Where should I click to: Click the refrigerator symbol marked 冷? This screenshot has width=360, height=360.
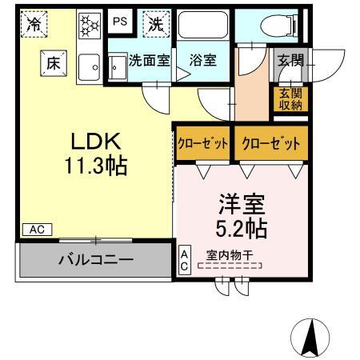[x=34, y=25]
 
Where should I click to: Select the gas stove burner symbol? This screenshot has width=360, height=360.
[x=88, y=26]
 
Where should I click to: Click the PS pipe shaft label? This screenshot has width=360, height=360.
[x=118, y=22]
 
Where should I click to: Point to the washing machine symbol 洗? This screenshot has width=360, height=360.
[x=154, y=25]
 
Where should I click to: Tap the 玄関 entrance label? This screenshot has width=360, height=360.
[x=290, y=60]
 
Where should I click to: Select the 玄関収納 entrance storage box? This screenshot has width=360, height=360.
[x=290, y=98]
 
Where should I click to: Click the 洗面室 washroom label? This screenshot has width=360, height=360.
[x=150, y=59]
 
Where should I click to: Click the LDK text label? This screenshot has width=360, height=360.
[x=95, y=142]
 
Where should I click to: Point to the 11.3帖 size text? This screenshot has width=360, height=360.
[x=95, y=167]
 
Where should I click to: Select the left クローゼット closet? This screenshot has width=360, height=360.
[x=203, y=144]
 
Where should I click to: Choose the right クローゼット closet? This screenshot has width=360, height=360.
[x=270, y=144]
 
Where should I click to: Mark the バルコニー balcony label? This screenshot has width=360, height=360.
[x=94, y=259]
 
